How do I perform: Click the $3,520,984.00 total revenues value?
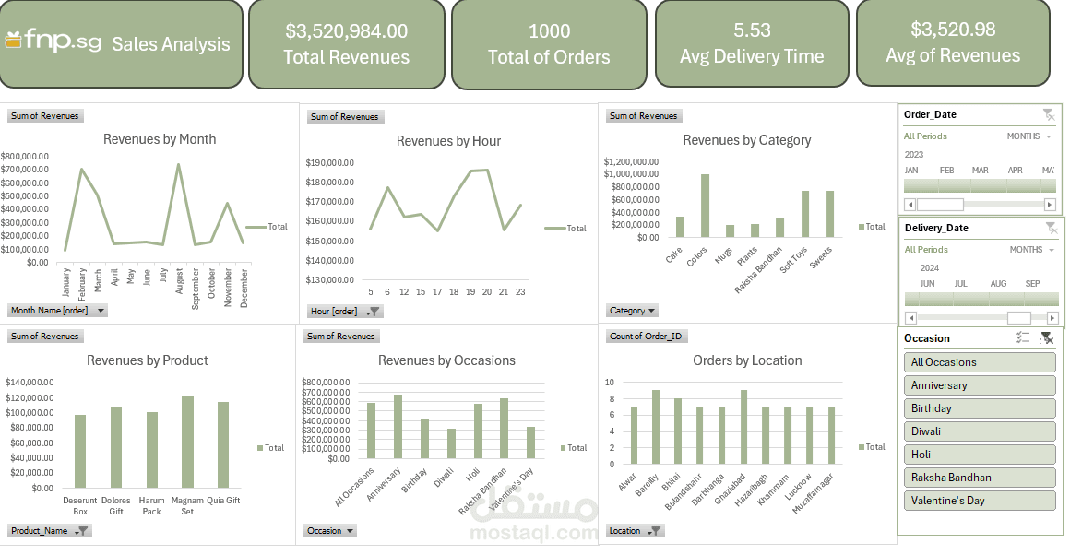coord(346,31)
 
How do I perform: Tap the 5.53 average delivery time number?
coord(752,30)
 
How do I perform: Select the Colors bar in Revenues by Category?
coord(705,206)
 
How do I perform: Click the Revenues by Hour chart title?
coord(448,141)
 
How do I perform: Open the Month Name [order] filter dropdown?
coord(101,311)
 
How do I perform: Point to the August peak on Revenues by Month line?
coord(178,165)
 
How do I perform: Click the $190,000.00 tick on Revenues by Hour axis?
coord(329,163)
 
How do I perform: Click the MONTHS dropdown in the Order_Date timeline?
coord(1029,136)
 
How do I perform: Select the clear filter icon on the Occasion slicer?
coord(1046,338)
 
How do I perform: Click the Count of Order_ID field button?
coord(646,337)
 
